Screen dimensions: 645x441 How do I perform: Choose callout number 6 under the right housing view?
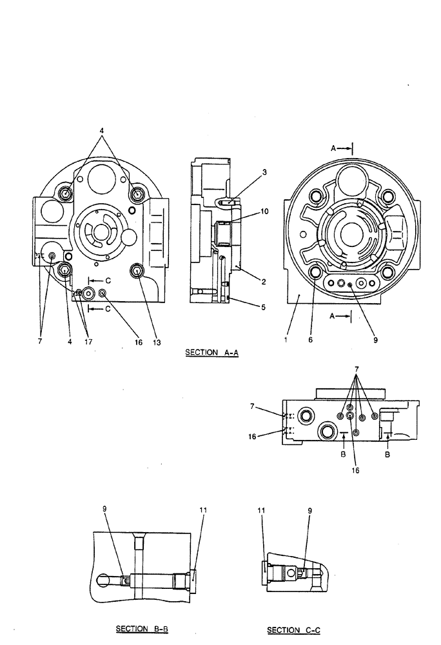[x=310, y=342]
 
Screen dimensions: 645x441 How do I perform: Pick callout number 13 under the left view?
[x=157, y=342]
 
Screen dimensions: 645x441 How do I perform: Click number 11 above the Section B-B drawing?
[x=203, y=510]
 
